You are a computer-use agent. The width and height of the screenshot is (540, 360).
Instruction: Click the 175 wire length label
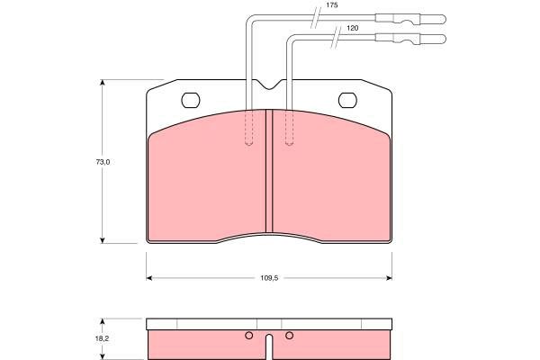pyautogui.click(x=331, y=5)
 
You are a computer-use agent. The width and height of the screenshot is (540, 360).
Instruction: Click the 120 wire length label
pyautogui.click(x=352, y=28)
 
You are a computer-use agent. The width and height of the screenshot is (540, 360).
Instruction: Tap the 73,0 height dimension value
pyautogui.click(x=103, y=162)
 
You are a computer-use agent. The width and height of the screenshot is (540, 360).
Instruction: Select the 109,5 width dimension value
pyautogui.click(x=269, y=278)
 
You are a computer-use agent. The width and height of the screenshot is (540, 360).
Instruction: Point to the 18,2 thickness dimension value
pyautogui.click(x=102, y=338)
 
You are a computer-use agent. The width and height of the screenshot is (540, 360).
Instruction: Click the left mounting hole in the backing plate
pyautogui.click(x=191, y=100)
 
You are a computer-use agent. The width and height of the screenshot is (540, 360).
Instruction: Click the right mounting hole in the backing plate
pyautogui.click(x=347, y=100)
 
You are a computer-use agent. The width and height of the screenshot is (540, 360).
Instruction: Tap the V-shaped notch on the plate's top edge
pyautogui.click(x=270, y=85)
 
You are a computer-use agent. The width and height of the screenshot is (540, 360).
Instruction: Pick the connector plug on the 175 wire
pyautogui.click(x=410, y=19)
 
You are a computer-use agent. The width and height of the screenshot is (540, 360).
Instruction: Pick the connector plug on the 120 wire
pyautogui.click(x=410, y=39)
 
